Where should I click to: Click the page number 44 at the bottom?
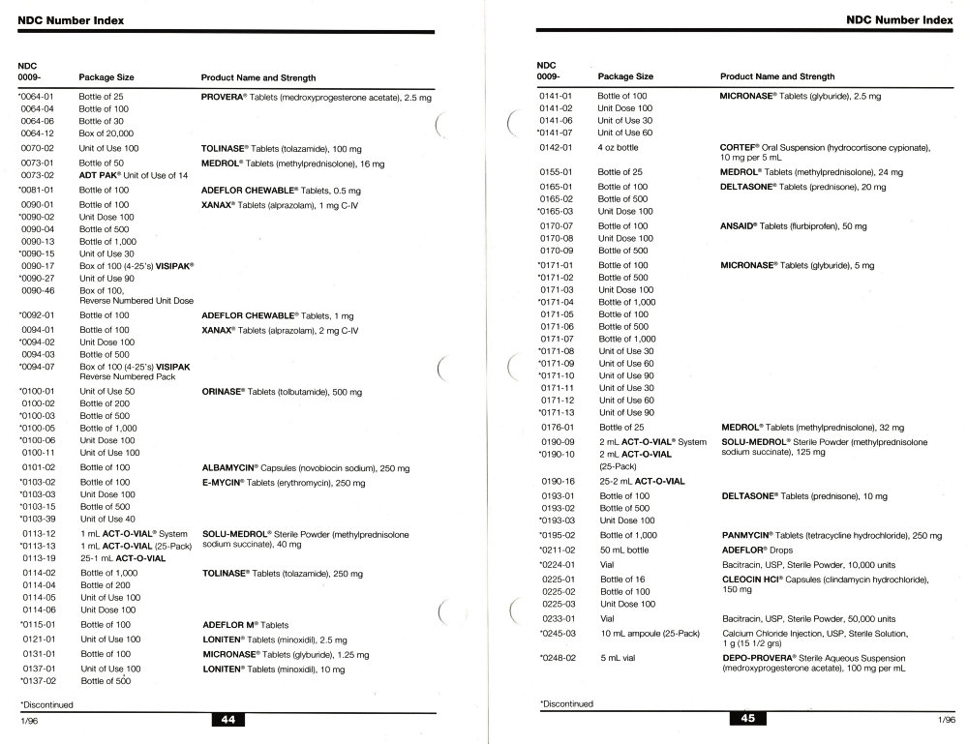pyautogui.click(x=227, y=719)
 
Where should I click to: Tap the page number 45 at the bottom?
pyautogui.click(x=746, y=719)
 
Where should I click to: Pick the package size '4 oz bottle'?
pyautogui.click(x=619, y=147)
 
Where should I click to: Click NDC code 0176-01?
pyautogui.click(x=558, y=427)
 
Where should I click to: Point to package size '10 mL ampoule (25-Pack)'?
pyautogui.click(x=649, y=633)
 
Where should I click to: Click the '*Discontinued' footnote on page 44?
pyautogui.click(x=45, y=704)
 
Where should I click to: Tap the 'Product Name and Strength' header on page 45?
pyautogui.click(x=777, y=76)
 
